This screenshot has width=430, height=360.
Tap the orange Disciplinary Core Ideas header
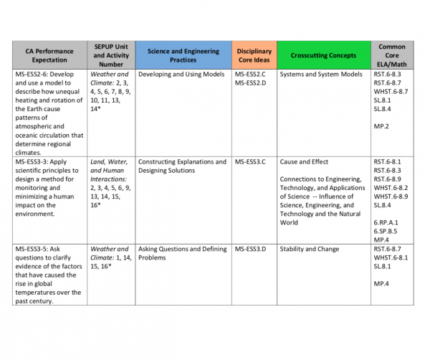tap(254, 56)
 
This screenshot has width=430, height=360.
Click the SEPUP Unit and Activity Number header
tap(110, 56)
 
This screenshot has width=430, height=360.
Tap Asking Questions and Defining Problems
tap(182, 253)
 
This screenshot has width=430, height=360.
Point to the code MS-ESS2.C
tap(250, 75)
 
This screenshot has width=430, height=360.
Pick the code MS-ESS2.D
tap(250, 83)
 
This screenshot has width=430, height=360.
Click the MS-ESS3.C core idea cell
tap(250, 162)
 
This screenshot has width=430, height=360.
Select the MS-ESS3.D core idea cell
tap(250, 249)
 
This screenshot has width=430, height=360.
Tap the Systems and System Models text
tap(320, 75)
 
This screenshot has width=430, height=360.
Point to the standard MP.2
tap(381, 126)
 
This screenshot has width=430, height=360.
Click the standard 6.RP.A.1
tap(387, 222)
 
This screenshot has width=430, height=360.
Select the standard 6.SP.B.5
tap(386, 231)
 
